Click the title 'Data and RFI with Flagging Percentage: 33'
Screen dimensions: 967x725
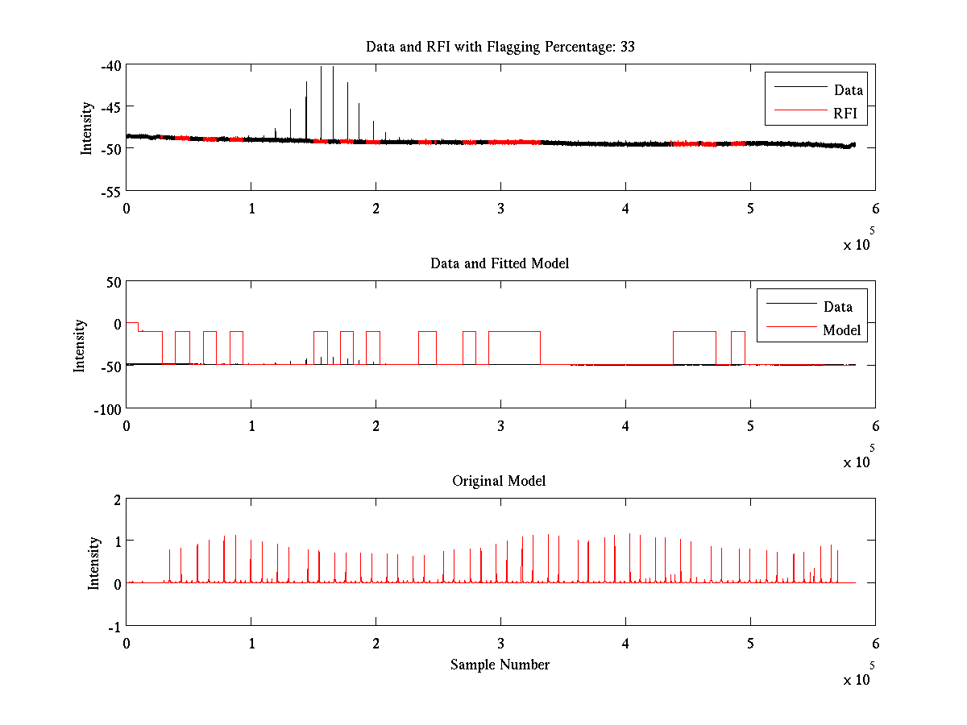[500, 47]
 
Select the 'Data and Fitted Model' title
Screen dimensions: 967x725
[500, 263]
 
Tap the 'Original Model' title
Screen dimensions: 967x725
[499, 481]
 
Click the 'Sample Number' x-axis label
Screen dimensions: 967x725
[500, 665]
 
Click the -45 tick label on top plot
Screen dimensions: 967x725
[110, 107]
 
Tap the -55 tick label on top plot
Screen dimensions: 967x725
[110, 193]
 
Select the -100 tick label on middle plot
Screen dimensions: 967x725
[107, 410]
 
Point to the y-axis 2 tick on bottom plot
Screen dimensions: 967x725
[117, 500]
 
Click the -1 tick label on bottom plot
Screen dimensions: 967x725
[114, 628]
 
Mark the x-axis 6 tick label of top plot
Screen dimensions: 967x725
[876, 209]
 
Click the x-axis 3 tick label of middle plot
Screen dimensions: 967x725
[501, 426]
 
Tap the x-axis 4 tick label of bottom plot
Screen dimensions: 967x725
[625, 644]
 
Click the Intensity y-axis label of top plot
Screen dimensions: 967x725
[86, 129]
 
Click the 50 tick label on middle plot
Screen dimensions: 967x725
[114, 283]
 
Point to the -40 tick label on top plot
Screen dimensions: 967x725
[110, 66]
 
